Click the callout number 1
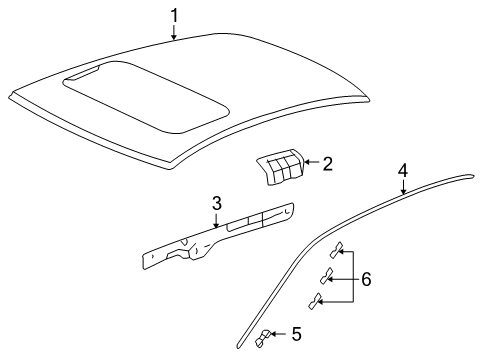tap(174, 16)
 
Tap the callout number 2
tap(328, 164)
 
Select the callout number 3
tap(217, 203)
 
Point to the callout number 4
tap(403, 171)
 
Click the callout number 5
tap(297, 334)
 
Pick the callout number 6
tap(366, 279)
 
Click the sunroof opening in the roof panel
tap(146, 97)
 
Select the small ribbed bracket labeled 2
tap(280, 167)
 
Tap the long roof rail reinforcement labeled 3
tap(218, 235)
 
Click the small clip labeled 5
tap(263, 338)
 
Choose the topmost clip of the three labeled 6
tap(336, 250)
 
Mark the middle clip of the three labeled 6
tap(326, 276)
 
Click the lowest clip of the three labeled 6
tap(315, 301)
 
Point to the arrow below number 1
tap(174, 33)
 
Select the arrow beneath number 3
tap(216, 221)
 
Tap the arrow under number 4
tap(403, 187)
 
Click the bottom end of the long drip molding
tap(238, 347)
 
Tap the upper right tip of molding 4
tap(473, 176)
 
